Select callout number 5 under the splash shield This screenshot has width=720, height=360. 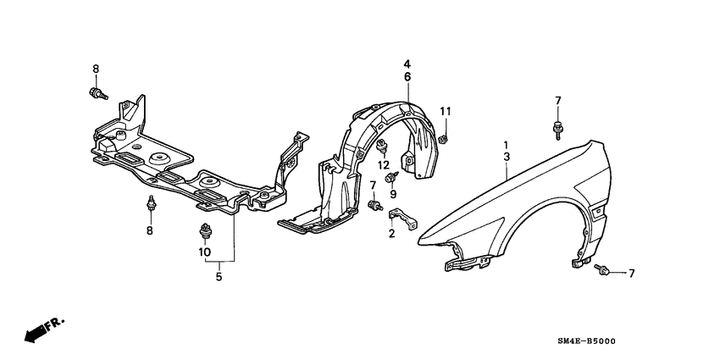[218, 276]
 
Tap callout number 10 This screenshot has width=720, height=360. [204, 252]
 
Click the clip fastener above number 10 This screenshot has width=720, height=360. [204, 230]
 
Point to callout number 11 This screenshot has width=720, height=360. [446, 112]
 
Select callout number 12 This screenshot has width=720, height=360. [383, 163]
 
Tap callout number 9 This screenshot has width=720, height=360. [394, 194]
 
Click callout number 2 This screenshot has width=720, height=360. [392, 233]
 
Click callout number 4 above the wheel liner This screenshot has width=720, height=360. [407, 64]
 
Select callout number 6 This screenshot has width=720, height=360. [407, 77]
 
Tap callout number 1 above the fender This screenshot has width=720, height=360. [506, 145]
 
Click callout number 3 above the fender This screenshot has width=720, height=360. [506, 158]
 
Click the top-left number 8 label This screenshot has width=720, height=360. [95, 68]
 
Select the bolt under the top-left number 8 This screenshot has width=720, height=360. [97, 93]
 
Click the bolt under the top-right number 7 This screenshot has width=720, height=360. [558, 130]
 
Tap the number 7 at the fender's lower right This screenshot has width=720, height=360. [631, 273]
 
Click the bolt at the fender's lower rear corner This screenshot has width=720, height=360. [603, 271]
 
